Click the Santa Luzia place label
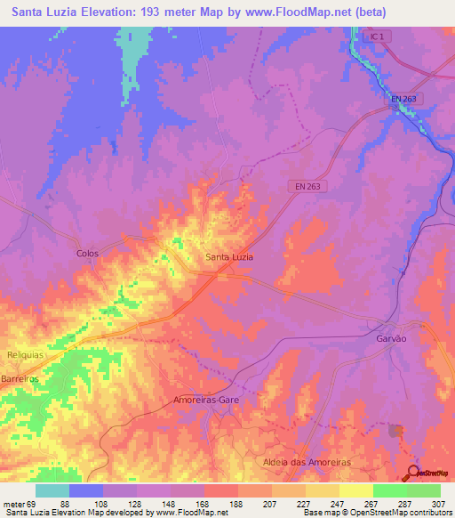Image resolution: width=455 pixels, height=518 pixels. pyautogui.click(x=229, y=257)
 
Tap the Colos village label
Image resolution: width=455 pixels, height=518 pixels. pyautogui.click(x=87, y=254)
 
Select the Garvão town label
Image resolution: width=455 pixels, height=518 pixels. pyautogui.click(x=389, y=339)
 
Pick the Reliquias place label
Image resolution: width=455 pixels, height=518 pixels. pyautogui.click(x=25, y=354)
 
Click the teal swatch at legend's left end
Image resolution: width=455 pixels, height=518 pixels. pyautogui.click(x=52, y=490)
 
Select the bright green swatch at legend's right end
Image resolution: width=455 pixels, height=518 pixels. pyautogui.click(x=423, y=490)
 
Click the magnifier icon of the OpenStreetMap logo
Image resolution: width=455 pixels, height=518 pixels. pyautogui.click(x=413, y=472)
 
